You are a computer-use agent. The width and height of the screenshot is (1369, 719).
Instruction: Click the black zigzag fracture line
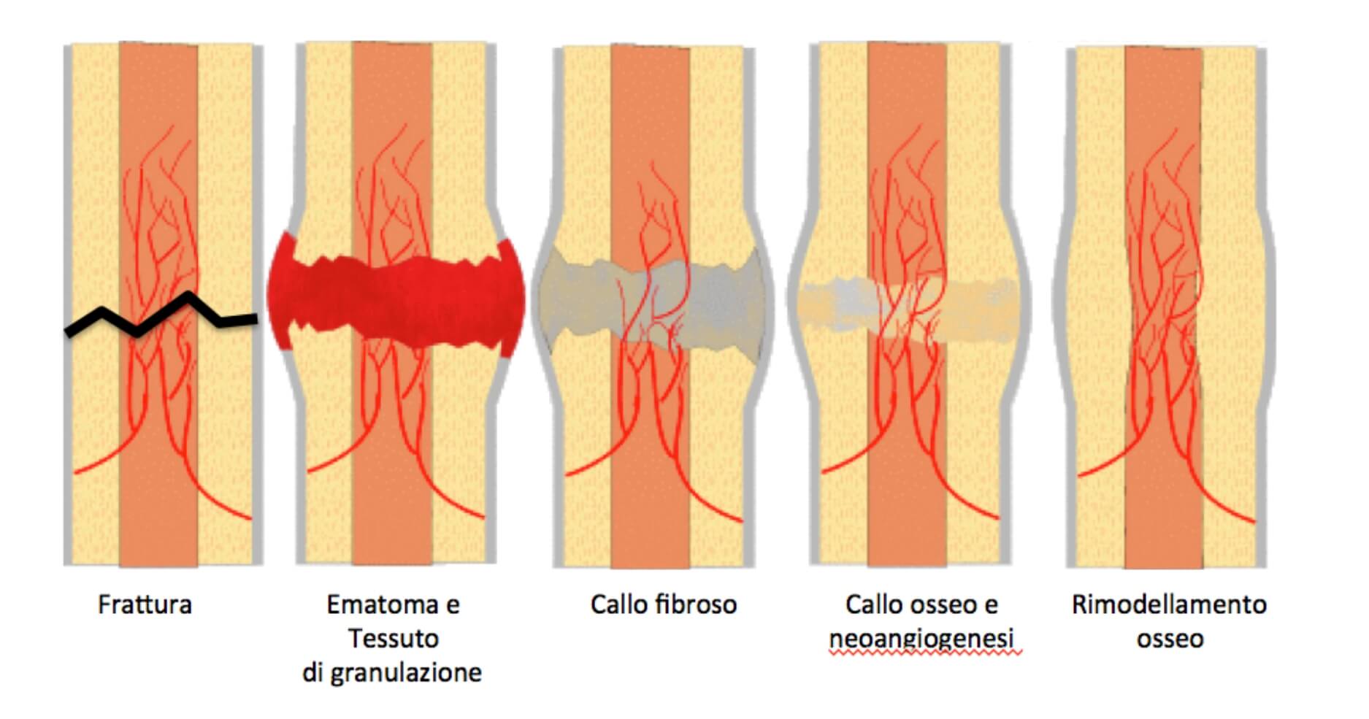[161, 315]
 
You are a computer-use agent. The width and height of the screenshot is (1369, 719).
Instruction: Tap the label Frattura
[145, 605]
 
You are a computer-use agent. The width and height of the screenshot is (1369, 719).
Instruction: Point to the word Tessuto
[393, 639]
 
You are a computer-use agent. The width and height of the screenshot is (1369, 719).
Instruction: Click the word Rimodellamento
[1169, 605]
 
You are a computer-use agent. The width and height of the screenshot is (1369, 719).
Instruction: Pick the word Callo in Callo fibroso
[618, 605]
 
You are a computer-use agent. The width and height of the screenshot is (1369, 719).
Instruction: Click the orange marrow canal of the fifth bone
[1163, 307]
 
